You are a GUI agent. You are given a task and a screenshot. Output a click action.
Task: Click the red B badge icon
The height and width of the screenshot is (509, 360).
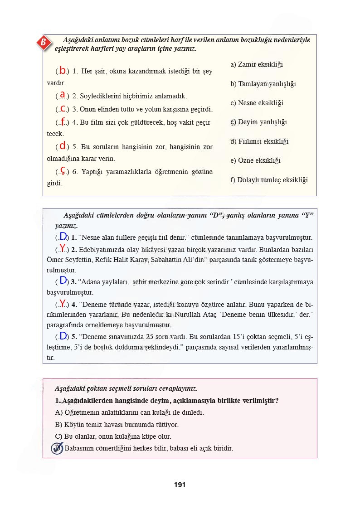click(x=43, y=43)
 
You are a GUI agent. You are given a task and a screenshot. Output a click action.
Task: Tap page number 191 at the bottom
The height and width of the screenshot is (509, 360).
click(x=180, y=485)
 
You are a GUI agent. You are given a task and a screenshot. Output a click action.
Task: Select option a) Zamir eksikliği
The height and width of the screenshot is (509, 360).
click(x=257, y=64)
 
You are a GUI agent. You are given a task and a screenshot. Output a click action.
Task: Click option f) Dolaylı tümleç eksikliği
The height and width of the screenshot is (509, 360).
click(x=269, y=180)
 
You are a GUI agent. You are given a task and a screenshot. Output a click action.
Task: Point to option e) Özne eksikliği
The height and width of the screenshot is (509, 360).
click(x=255, y=160)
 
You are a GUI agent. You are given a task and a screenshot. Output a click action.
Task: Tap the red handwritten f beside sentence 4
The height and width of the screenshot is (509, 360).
click(x=63, y=121)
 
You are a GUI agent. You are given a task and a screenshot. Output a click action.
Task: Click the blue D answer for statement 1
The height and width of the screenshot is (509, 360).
click(x=63, y=236)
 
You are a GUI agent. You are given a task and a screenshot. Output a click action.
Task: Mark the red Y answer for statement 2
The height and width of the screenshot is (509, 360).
click(x=63, y=248)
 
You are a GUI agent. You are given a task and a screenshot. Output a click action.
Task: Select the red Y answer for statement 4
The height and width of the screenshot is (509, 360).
click(x=63, y=303)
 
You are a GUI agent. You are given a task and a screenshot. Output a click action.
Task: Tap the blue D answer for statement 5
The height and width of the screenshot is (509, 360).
click(x=63, y=336)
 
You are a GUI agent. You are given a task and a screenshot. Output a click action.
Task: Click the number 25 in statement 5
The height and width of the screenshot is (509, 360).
click(x=151, y=337)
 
